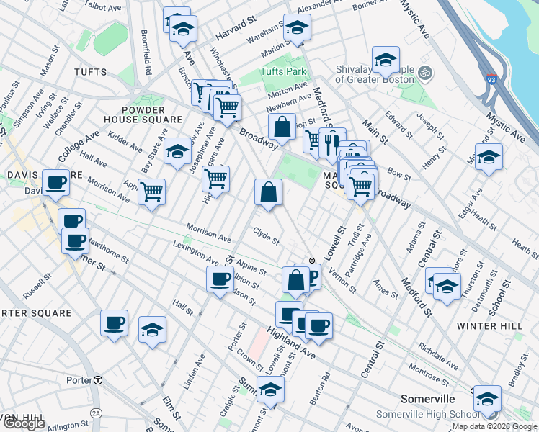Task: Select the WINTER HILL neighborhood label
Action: [x=490, y=326]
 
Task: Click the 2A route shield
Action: [x=97, y=413]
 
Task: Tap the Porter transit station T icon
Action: [x=97, y=380]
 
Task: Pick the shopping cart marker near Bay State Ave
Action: [x=151, y=192]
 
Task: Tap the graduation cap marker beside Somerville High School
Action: [x=487, y=397]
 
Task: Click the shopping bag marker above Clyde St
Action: [x=268, y=192]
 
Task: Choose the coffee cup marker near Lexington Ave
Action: [x=220, y=279]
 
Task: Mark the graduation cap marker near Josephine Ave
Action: [x=177, y=151]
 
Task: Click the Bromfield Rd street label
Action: [x=146, y=57]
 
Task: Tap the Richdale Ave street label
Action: [x=437, y=357]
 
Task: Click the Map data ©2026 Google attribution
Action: [x=494, y=426]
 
